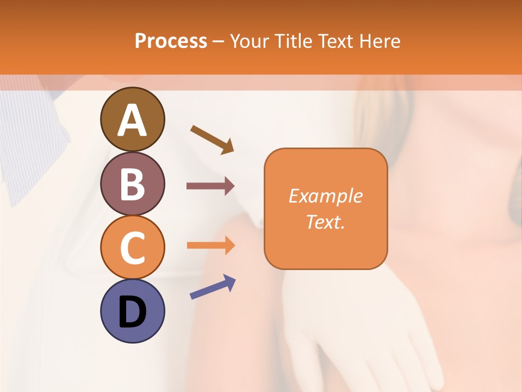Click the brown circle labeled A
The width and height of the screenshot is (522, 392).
click(x=132, y=119)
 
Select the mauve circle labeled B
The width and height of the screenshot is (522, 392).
click(x=132, y=183)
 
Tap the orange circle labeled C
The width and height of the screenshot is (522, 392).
click(x=132, y=247)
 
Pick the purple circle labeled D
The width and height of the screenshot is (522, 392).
click(x=132, y=311)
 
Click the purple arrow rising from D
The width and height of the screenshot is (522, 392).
click(x=213, y=287)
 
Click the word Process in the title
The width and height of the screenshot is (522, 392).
click(x=171, y=41)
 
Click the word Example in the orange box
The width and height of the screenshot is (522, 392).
click(x=325, y=196)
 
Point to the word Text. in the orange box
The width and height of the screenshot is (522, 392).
click(x=325, y=222)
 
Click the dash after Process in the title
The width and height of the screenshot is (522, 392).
click(x=219, y=42)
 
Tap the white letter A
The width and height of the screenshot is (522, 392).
click(x=132, y=120)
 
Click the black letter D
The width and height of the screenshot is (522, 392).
click(x=132, y=312)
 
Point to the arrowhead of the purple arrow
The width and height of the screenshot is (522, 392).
click(x=230, y=281)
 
